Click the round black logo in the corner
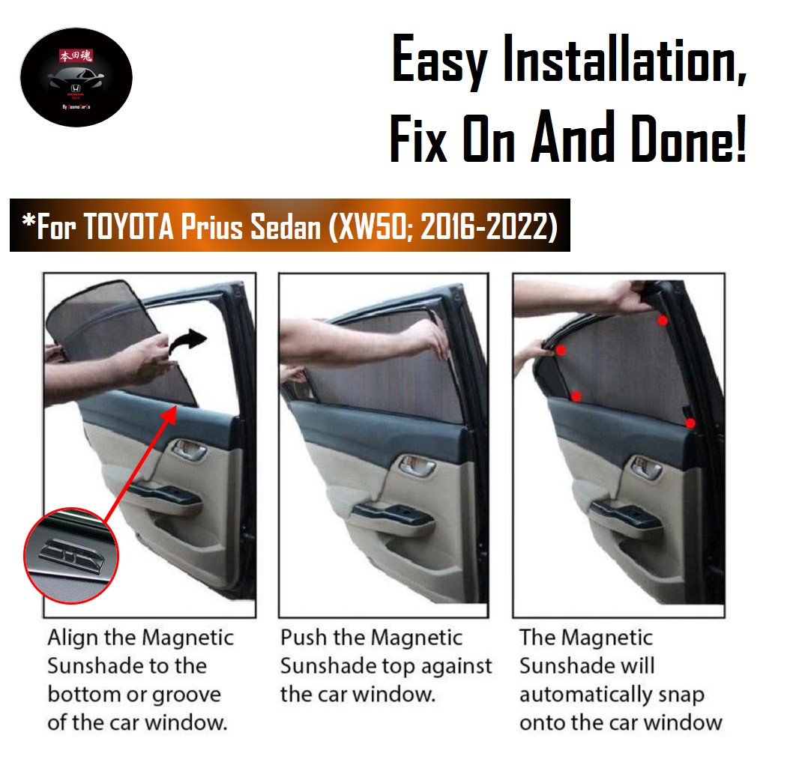(76, 77)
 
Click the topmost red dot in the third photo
(663, 321)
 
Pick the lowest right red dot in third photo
(690, 423)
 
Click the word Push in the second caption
(303, 638)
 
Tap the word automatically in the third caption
(583, 695)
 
